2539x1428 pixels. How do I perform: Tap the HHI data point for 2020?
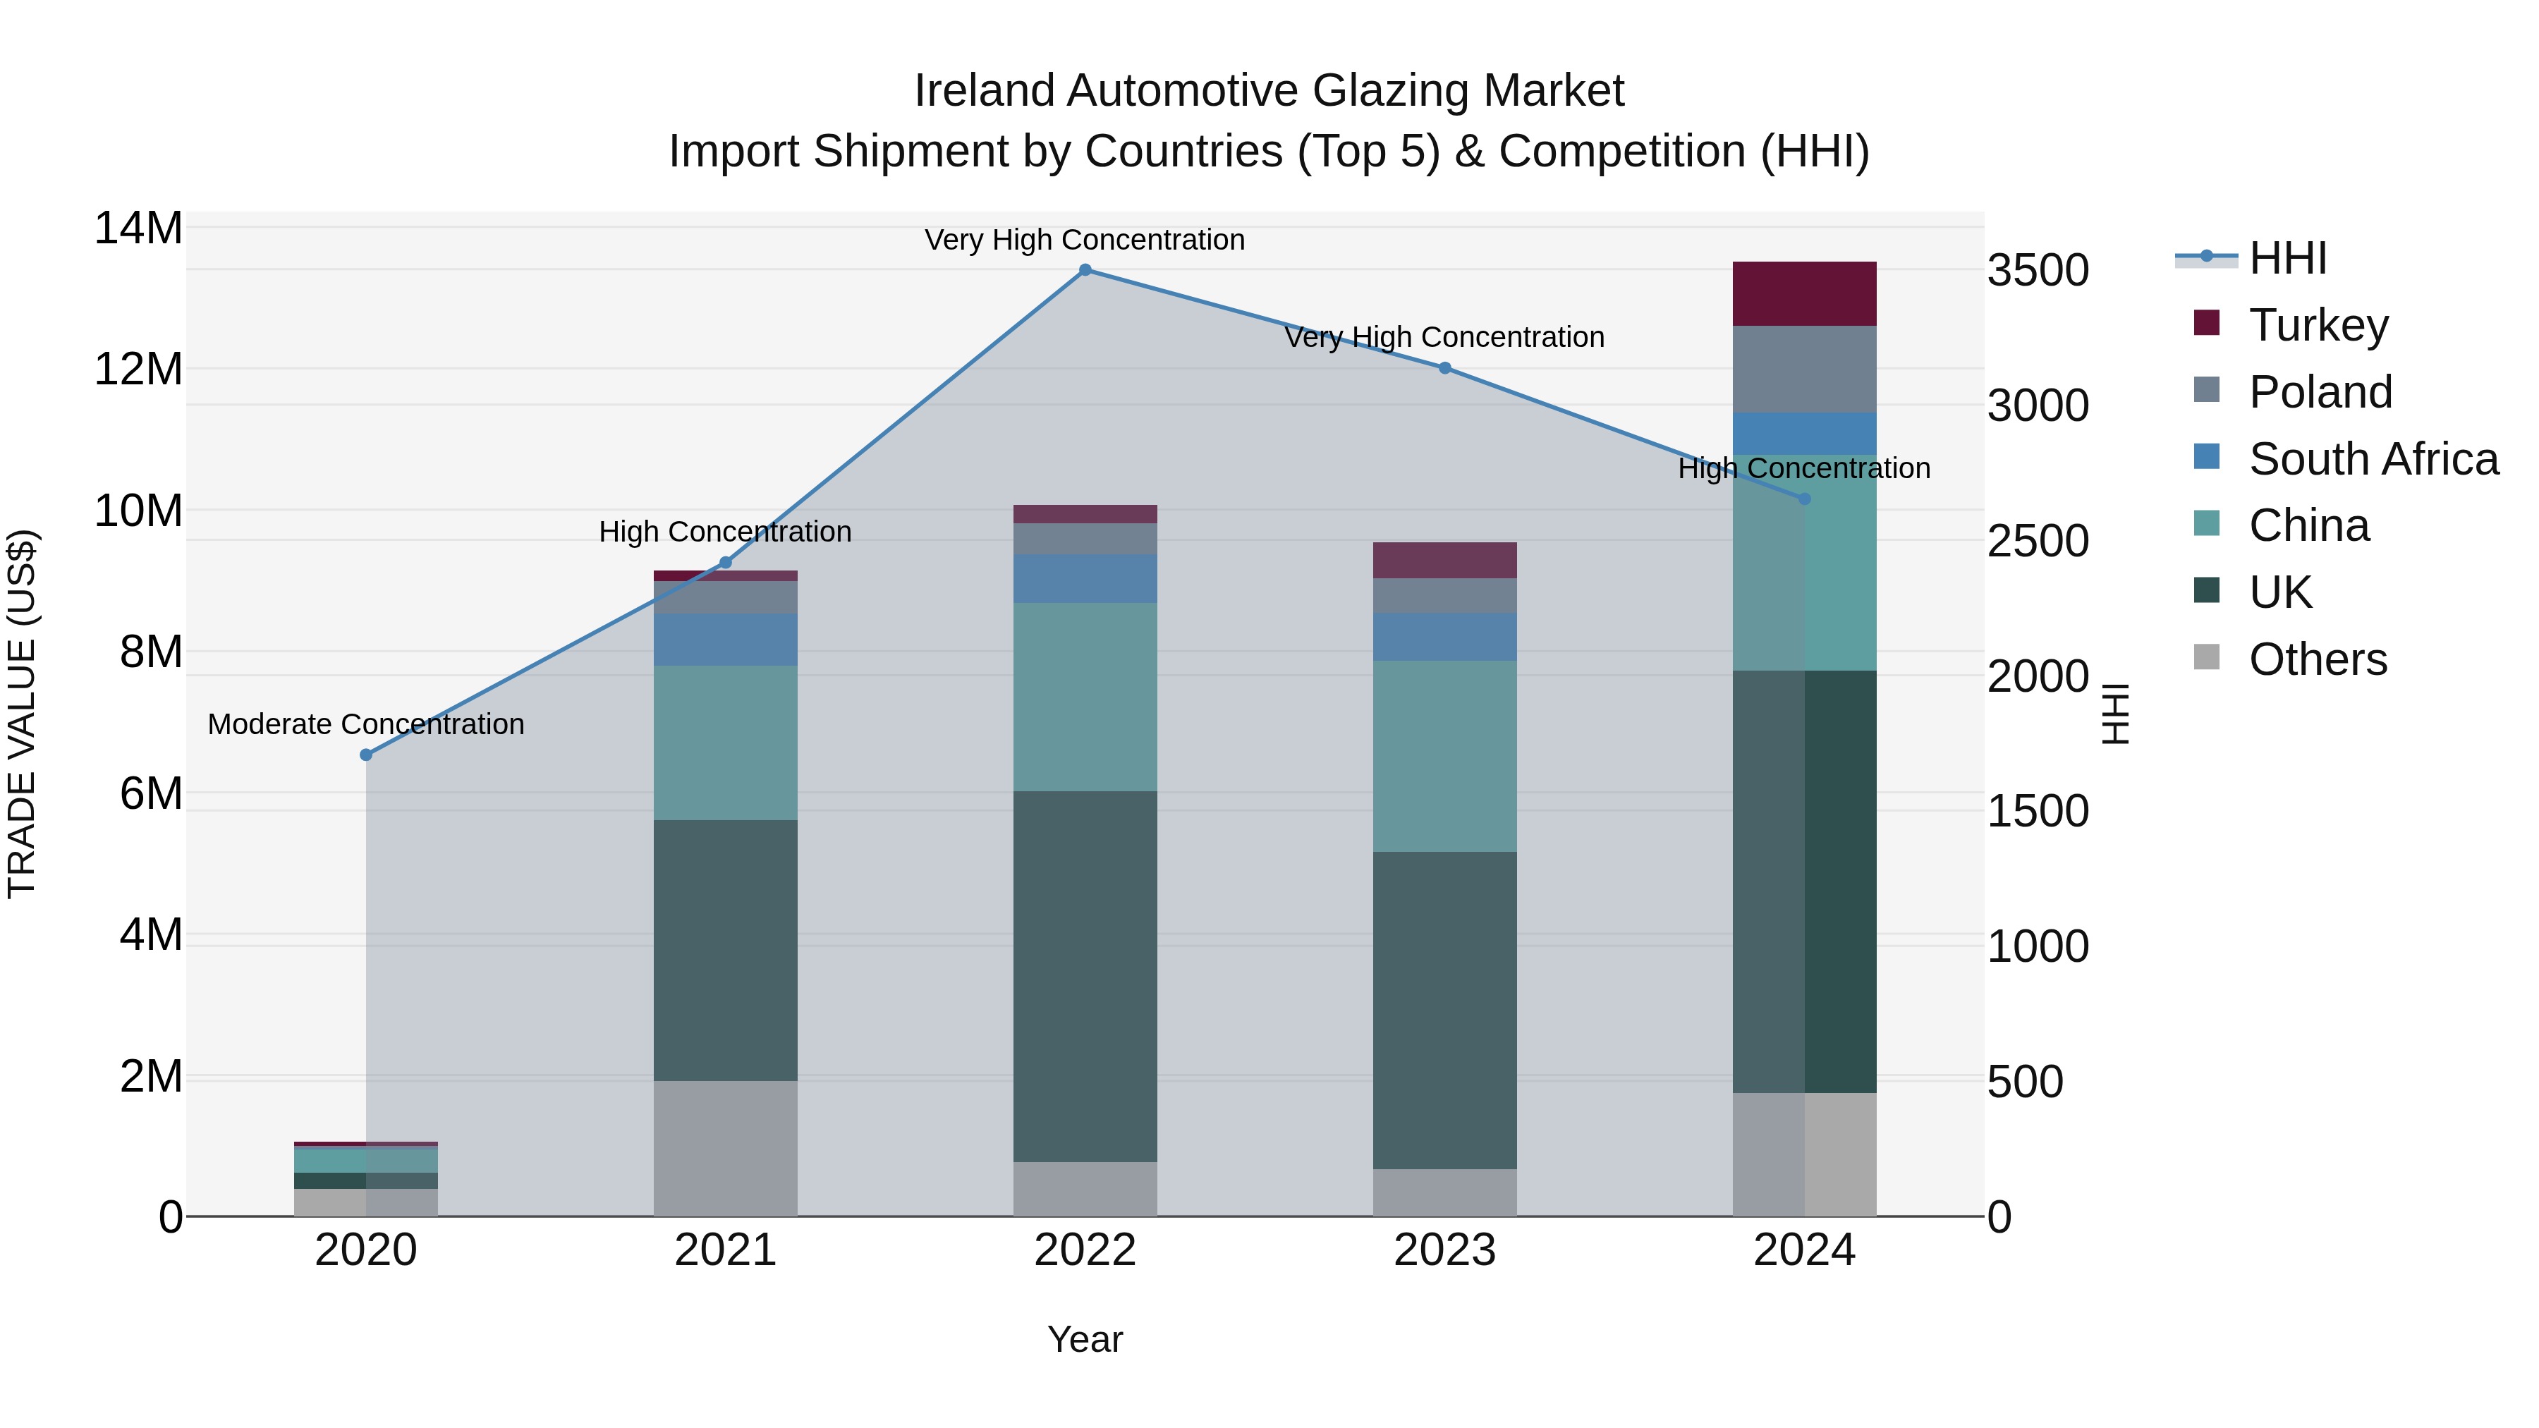click(x=365, y=755)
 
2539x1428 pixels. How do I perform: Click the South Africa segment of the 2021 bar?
click(x=726, y=640)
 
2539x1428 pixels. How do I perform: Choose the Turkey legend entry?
click(x=2318, y=325)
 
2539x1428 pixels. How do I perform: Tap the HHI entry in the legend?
click(x=2287, y=258)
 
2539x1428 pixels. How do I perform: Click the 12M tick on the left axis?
click(x=138, y=370)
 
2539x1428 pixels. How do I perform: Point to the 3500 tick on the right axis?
click(x=2038, y=271)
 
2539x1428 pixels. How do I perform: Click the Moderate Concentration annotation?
click(x=365, y=724)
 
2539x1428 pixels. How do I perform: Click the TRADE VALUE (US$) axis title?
click(x=22, y=714)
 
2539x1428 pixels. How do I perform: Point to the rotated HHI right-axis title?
click(x=2115, y=714)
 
